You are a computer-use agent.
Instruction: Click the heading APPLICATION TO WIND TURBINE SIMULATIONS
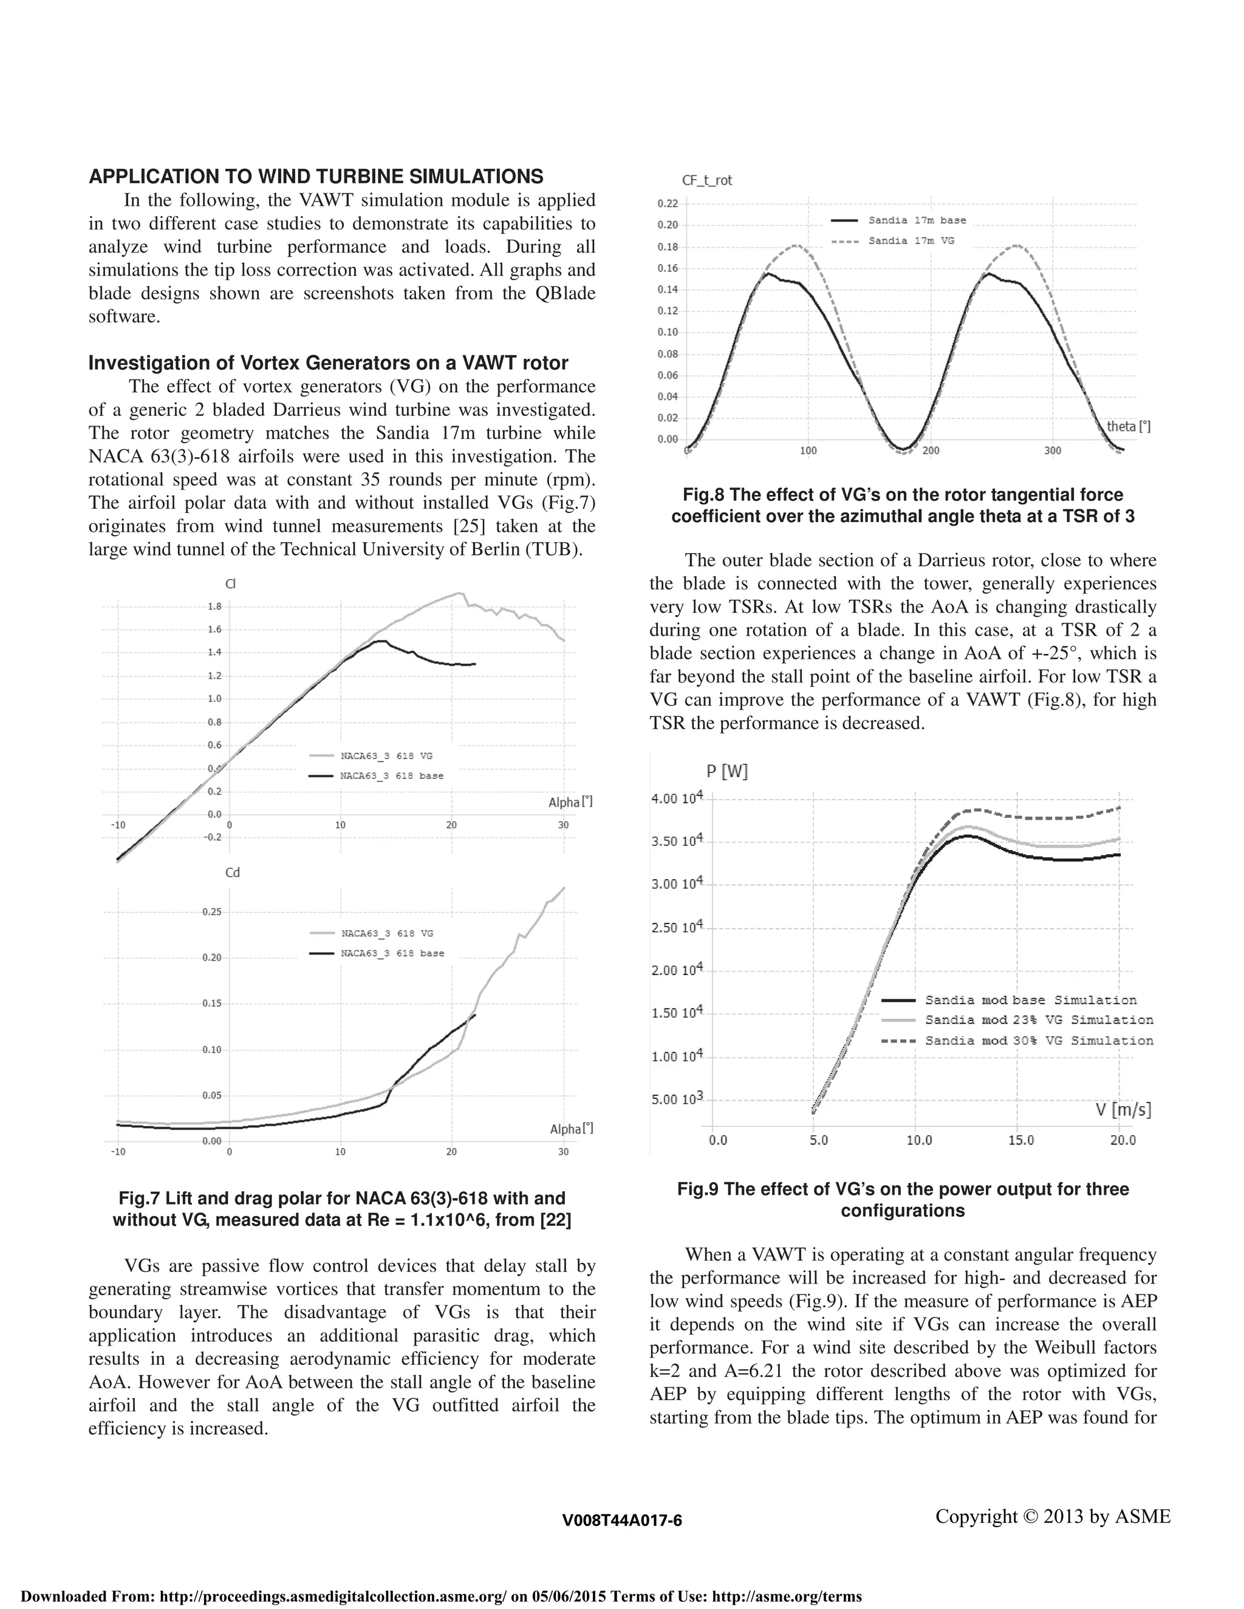(x=315, y=177)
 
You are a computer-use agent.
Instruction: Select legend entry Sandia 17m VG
(x=911, y=241)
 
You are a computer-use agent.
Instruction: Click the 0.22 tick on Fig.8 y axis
(x=668, y=203)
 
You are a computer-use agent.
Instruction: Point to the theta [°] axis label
(x=1129, y=427)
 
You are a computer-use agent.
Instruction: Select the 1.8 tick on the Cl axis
(x=214, y=607)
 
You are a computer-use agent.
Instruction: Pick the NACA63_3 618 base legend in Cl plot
(x=391, y=776)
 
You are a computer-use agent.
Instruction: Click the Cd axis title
(x=232, y=873)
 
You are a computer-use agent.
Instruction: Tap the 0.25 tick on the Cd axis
(x=211, y=912)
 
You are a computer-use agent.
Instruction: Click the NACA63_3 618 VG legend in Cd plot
(x=387, y=933)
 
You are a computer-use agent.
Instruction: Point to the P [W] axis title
(x=726, y=771)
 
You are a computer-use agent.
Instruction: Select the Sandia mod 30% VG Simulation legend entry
(x=1039, y=1041)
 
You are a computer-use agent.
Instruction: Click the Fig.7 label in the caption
(x=138, y=1199)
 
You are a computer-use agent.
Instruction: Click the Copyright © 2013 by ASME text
(x=1053, y=1516)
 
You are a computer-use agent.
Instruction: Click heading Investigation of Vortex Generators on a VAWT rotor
(x=328, y=363)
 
